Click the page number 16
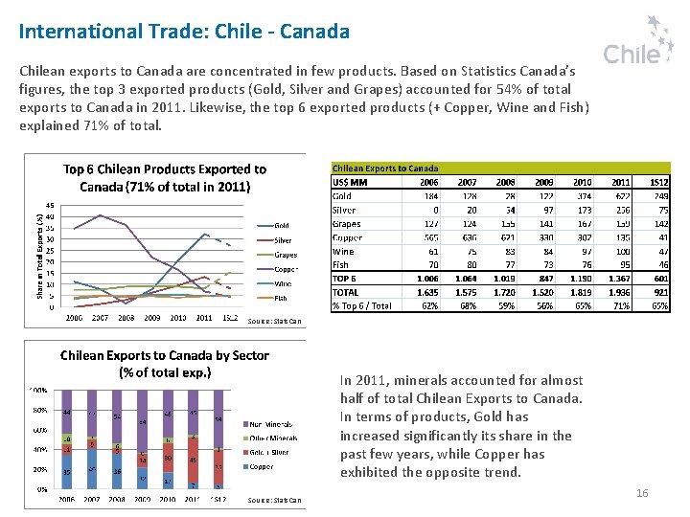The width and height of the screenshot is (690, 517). pos(642,493)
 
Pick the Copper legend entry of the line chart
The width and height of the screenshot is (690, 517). pos(286,269)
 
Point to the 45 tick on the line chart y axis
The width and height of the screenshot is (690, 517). pos(50,204)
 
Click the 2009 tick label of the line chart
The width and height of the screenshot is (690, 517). pos(152,317)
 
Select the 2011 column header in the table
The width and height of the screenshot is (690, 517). pos(621,182)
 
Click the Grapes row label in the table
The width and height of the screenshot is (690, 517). pos(346,223)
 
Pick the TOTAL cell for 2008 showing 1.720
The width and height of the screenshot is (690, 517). pos(503,292)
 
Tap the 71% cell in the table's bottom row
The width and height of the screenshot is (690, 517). pos(621,305)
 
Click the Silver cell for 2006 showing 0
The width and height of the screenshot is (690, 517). pos(435,210)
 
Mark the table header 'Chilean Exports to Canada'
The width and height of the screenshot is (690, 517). pos(385,168)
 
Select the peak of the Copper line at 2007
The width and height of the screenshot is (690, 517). pos(101,215)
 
